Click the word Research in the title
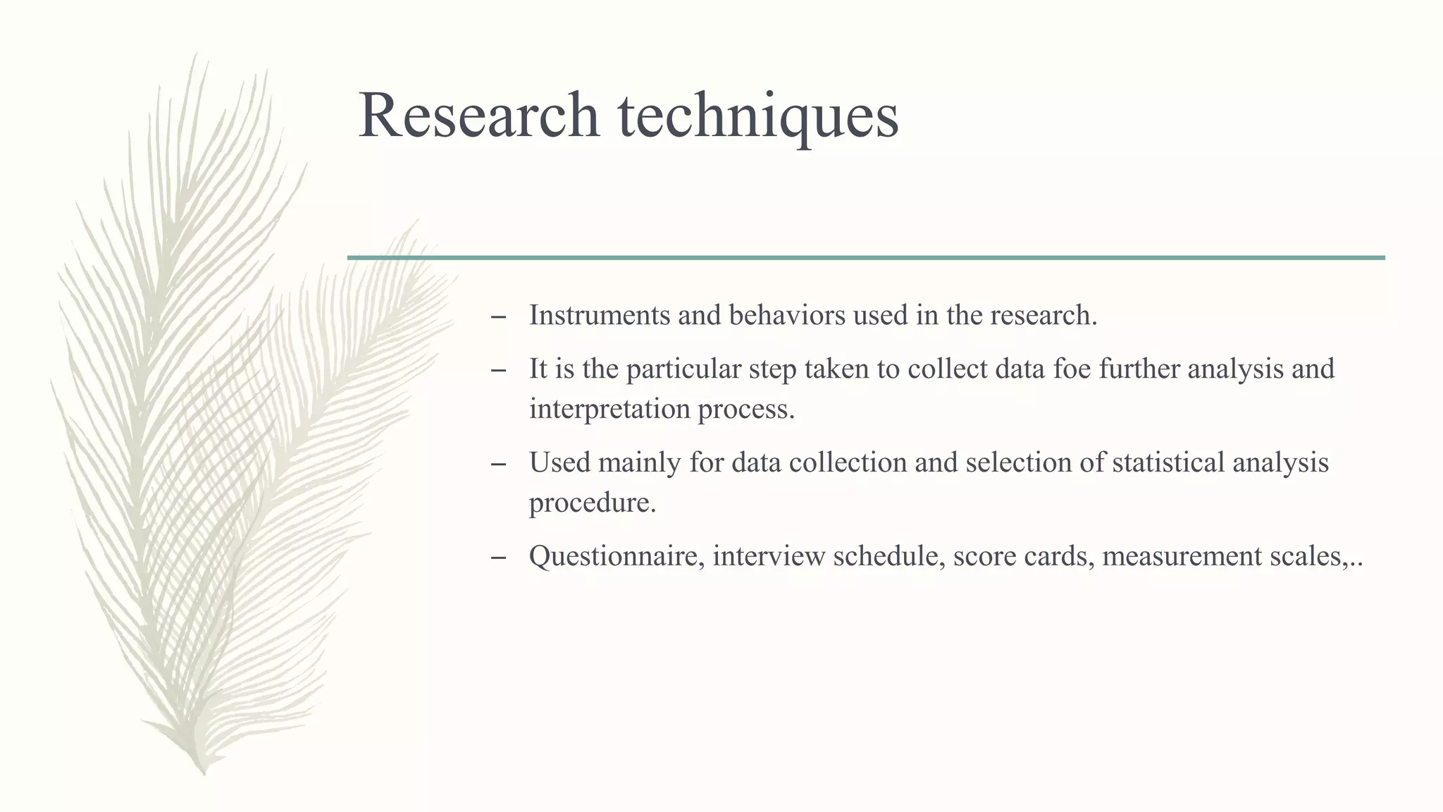tap(478, 115)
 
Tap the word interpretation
tap(609, 410)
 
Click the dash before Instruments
tap(498, 318)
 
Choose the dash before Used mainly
tap(498, 465)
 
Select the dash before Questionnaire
tap(498, 559)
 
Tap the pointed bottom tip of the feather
tap(203, 773)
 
